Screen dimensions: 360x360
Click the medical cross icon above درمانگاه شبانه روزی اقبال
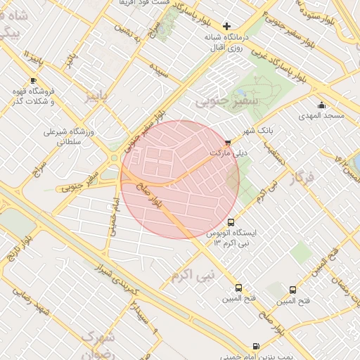click(226, 26)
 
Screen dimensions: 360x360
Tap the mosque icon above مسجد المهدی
click(321, 105)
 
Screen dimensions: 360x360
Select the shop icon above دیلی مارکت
click(226, 143)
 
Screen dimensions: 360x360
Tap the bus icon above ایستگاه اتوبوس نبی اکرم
click(231, 223)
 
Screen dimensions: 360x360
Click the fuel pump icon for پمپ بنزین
click(255, 346)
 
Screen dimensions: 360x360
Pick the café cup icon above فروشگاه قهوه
click(32, 81)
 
